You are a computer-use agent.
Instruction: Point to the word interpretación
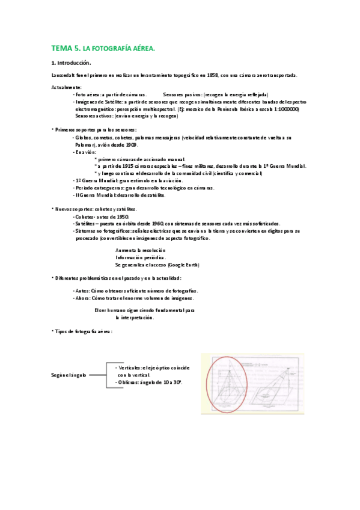coord(135,318)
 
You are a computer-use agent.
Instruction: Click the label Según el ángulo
coord(69,375)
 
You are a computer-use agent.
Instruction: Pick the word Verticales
coord(129,367)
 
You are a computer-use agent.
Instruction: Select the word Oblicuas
coord(127,382)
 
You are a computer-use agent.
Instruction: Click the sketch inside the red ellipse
coord(227,386)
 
